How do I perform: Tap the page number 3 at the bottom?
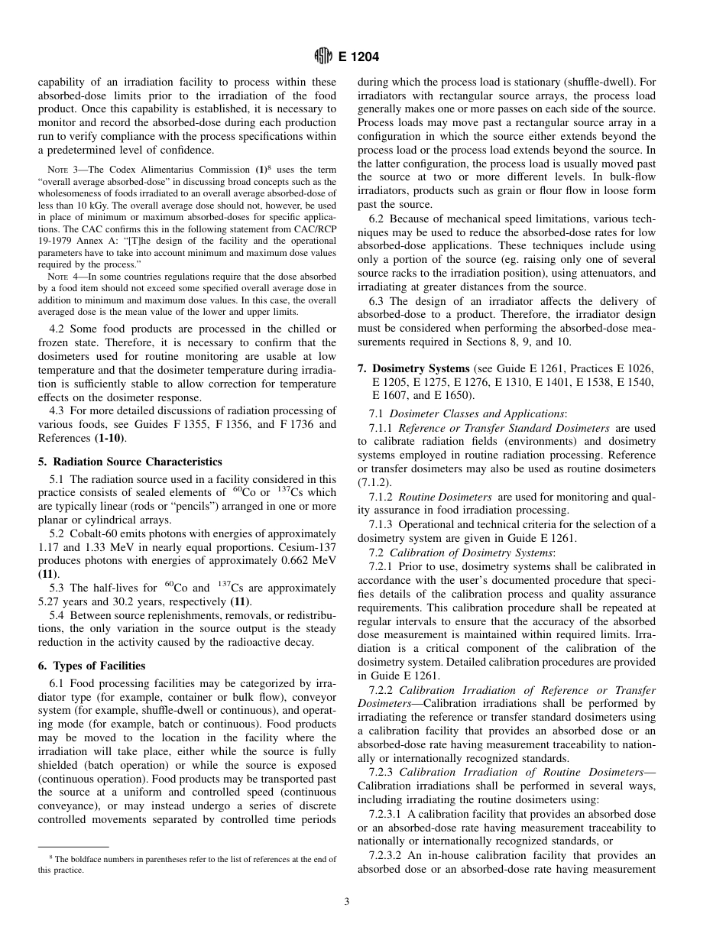[346, 902]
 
